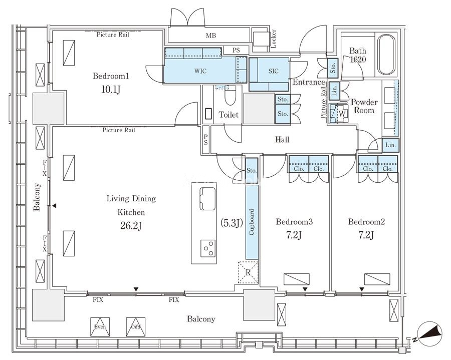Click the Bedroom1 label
pyautogui.click(x=111, y=76)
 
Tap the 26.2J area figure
pyautogui.click(x=131, y=226)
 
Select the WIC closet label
pyautogui.click(x=200, y=71)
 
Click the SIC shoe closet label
pyautogui.click(x=273, y=71)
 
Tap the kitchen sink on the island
pyautogui.click(x=207, y=199)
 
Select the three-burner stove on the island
pyautogui.click(x=208, y=248)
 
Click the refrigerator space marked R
pyautogui.click(x=248, y=272)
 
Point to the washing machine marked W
pyautogui.click(x=339, y=114)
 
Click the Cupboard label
pyautogui.click(x=252, y=222)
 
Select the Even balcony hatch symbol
pyautogui.click(x=100, y=327)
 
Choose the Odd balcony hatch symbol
pyautogui.click(x=135, y=327)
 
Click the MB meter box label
pyautogui.click(x=211, y=36)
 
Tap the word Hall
pyautogui.click(x=282, y=140)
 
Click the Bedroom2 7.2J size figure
pyautogui.click(x=366, y=235)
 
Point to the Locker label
pyautogui.click(x=273, y=39)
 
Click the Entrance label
pyautogui.click(x=309, y=82)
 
